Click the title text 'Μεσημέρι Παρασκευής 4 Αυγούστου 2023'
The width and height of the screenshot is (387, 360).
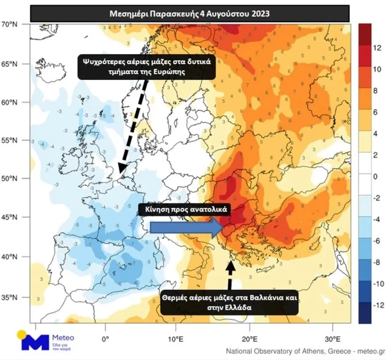[190, 13]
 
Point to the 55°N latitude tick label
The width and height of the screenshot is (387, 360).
[18, 141]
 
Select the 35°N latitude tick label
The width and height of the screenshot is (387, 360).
[18, 297]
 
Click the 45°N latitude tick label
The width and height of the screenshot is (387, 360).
[18, 218]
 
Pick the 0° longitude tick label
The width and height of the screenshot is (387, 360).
[105, 339]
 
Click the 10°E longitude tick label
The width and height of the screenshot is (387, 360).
[176, 339]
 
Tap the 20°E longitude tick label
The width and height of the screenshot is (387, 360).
[250, 339]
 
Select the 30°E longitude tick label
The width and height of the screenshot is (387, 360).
[333, 339]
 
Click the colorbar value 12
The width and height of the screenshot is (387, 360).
[377, 49]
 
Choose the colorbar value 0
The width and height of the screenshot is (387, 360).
[376, 177]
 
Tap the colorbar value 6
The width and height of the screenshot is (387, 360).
[376, 113]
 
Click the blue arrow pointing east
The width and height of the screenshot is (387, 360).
[185, 228]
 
